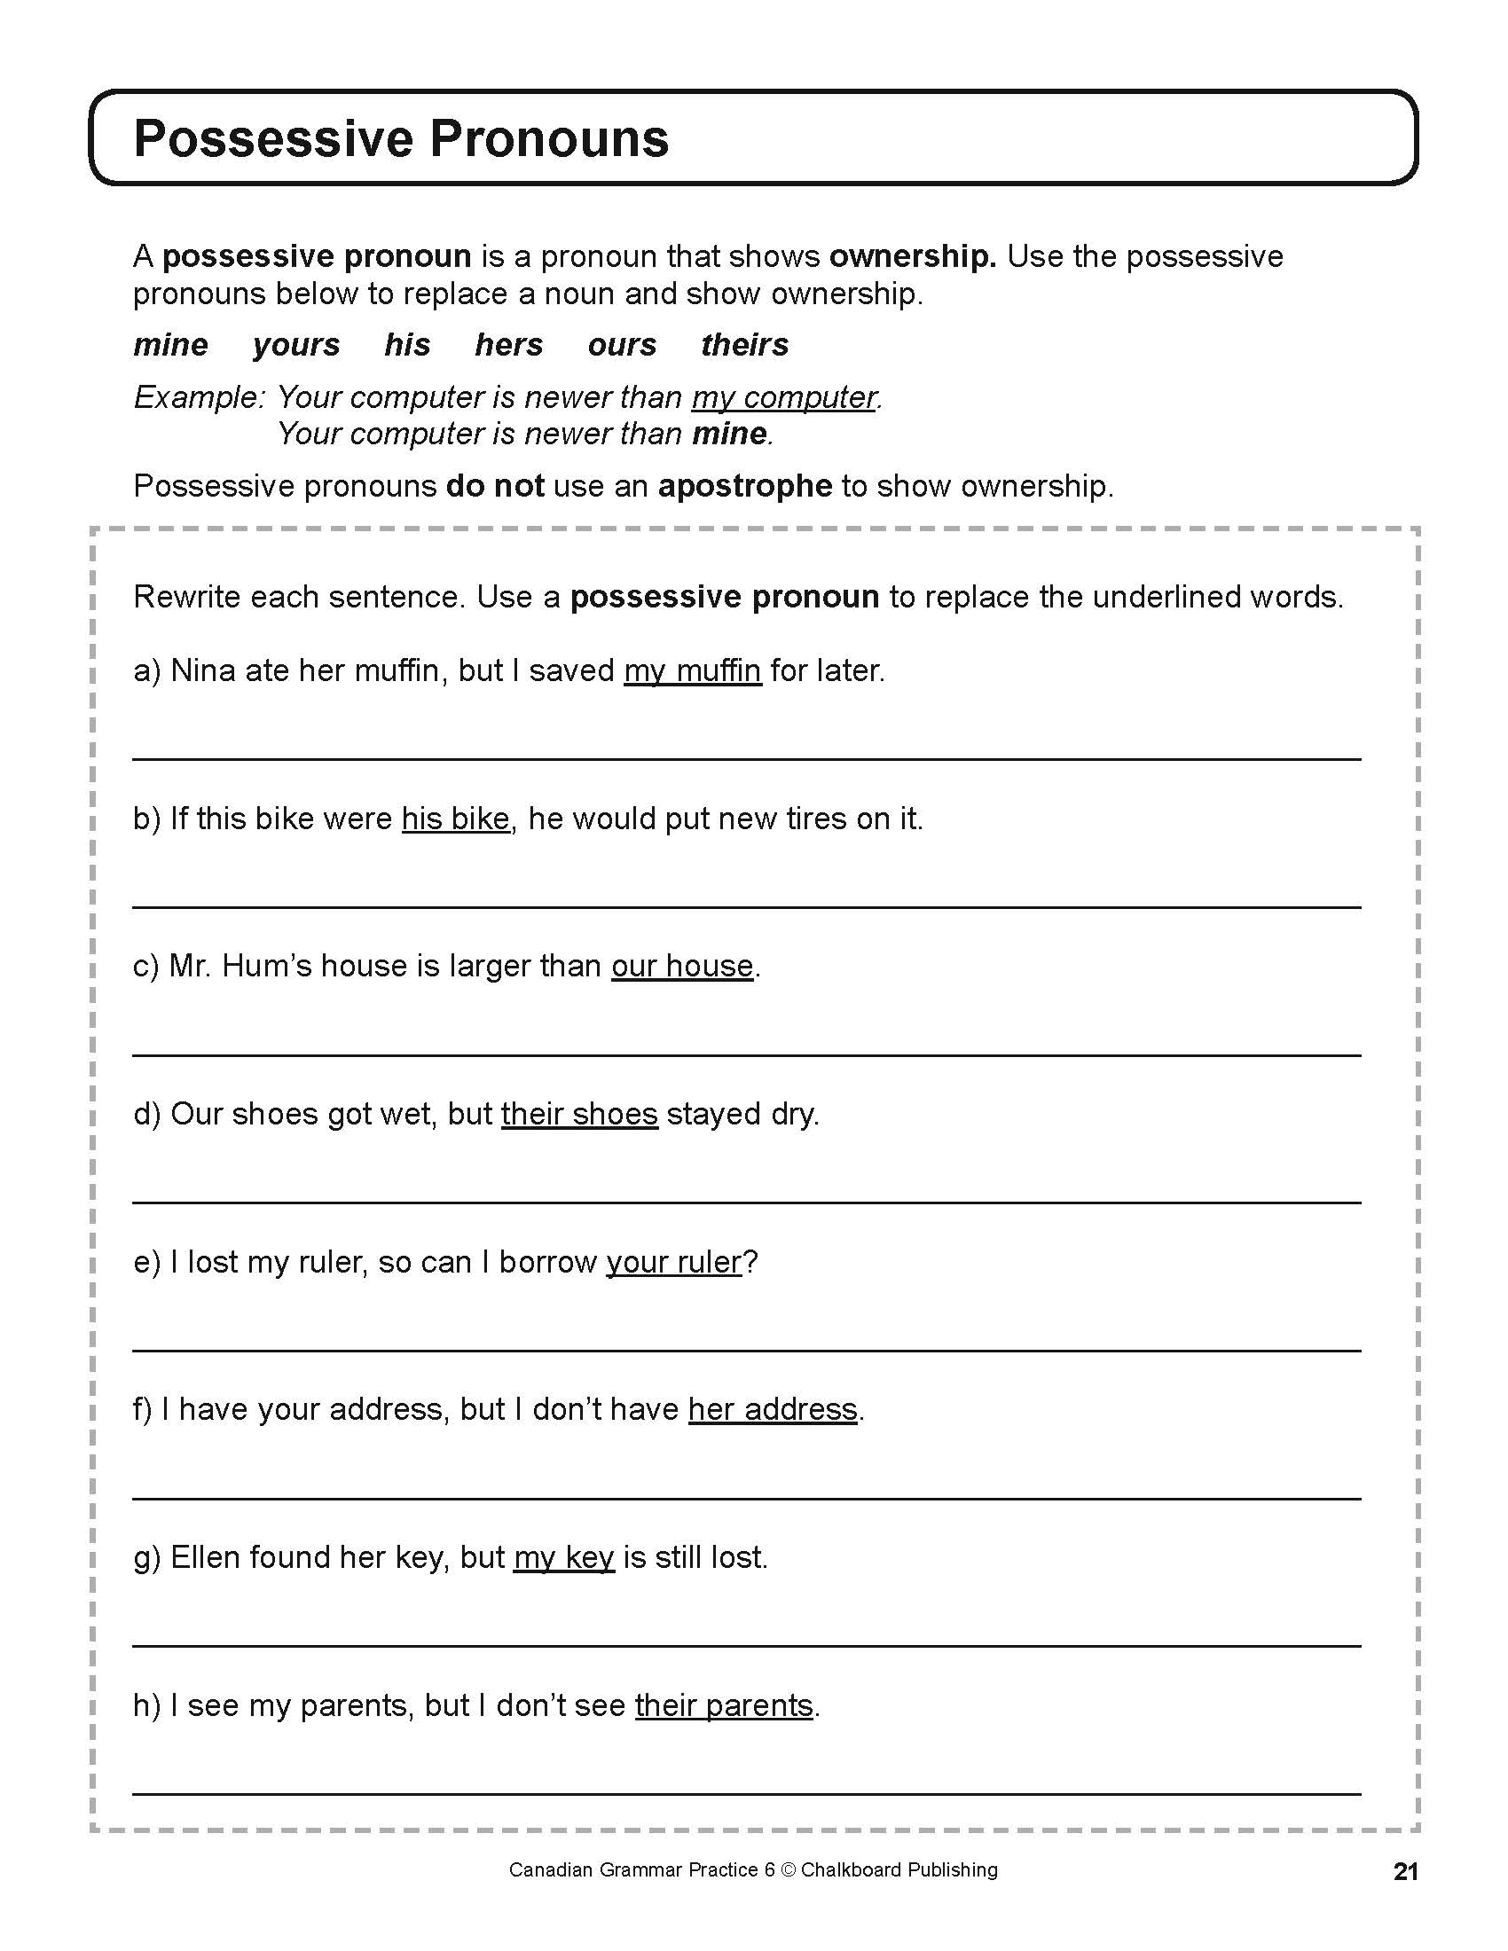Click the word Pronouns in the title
click(548, 139)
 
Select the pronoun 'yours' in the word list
click(295, 345)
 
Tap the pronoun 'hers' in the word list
click(508, 345)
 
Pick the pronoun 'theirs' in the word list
click(744, 345)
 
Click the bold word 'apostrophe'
click(744, 486)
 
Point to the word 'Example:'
click(200, 396)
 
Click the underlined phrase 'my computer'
click(783, 397)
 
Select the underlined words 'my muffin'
click(693, 671)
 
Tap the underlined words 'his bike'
click(455, 819)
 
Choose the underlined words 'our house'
click(681, 966)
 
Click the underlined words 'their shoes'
click(579, 1114)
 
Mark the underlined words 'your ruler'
click(673, 1261)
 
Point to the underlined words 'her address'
click(772, 1409)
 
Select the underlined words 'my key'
click(563, 1557)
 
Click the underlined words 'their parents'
click(724, 1705)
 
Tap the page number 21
click(1405, 1871)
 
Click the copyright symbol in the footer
click(787, 1869)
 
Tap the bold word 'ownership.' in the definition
click(912, 257)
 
